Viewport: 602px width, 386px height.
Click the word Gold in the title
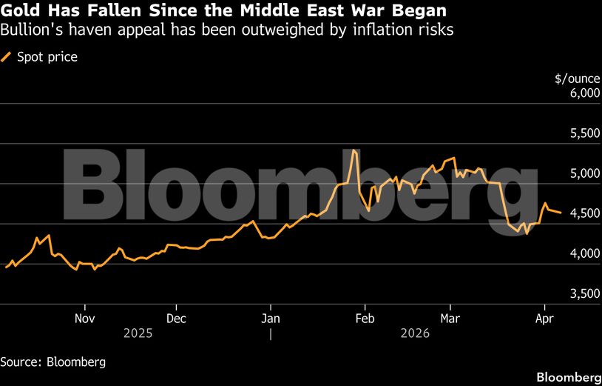pyautogui.click(x=20, y=12)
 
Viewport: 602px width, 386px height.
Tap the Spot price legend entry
pyautogui.click(x=45, y=56)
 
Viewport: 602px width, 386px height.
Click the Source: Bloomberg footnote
pyautogui.click(x=53, y=362)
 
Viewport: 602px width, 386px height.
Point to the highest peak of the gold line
pyautogui.click(x=354, y=150)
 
